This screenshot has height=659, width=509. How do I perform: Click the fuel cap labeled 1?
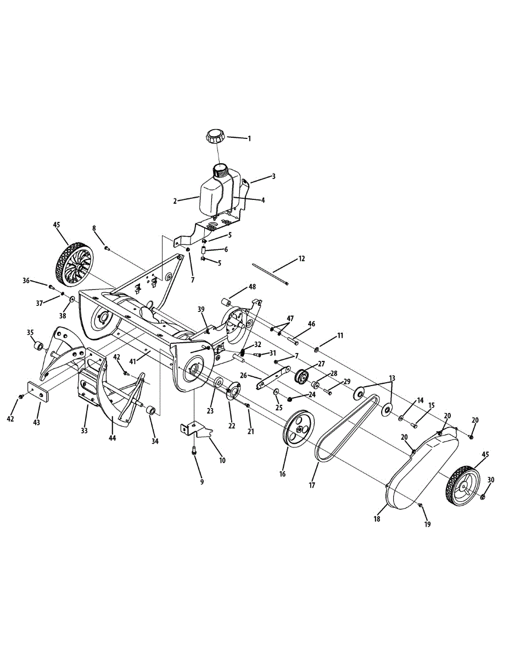(214, 136)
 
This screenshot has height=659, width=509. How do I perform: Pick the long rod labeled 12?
(271, 275)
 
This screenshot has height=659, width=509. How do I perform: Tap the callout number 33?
(84, 431)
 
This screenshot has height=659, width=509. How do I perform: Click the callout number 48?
(252, 287)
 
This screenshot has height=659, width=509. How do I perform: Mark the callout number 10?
(222, 460)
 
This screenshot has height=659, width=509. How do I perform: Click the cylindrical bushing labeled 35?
(38, 347)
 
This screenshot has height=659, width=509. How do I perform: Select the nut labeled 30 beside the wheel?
(483, 496)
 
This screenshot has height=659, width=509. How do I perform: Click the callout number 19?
(427, 524)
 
